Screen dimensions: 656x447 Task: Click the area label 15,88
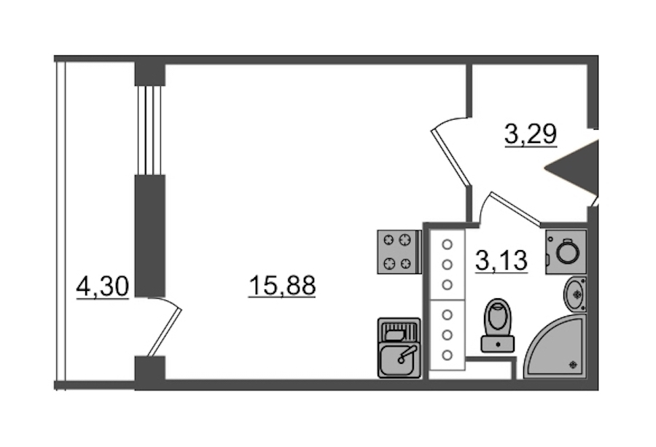pyautogui.click(x=282, y=286)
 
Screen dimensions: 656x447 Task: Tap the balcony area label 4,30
pyautogui.click(x=103, y=287)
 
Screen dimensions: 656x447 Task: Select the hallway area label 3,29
pyautogui.click(x=531, y=134)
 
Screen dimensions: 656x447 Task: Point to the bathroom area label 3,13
pyautogui.click(x=501, y=260)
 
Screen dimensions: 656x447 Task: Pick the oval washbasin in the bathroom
pyautogui.click(x=575, y=295)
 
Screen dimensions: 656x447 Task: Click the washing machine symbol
pyautogui.click(x=566, y=252)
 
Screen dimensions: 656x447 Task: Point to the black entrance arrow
pyautogui.click(x=572, y=168)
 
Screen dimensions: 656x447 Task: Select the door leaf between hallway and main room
pyautogui.click(x=450, y=157)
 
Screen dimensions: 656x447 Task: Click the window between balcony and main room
pyautogui.click(x=149, y=130)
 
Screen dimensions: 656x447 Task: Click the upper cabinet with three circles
pyautogui.click(x=448, y=265)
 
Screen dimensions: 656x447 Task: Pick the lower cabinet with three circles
pyautogui.click(x=448, y=335)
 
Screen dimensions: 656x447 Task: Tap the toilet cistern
pyautogui.click(x=498, y=344)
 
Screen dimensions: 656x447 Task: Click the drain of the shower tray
pyautogui.click(x=572, y=365)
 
